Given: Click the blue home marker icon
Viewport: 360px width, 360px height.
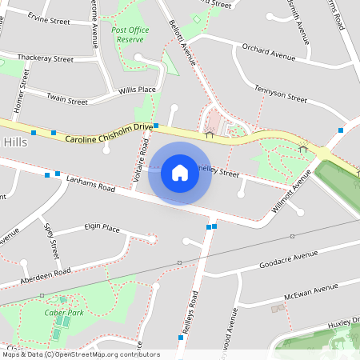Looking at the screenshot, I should (180, 172).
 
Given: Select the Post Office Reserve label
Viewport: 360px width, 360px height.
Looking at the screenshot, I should (131, 34).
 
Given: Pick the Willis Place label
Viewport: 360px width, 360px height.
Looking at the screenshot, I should (137, 90).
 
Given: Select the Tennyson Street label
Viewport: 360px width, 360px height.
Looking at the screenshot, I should (281, 94).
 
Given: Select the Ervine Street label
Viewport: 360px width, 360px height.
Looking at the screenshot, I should (50, 16).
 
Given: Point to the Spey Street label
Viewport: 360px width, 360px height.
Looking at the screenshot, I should (52, 238).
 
